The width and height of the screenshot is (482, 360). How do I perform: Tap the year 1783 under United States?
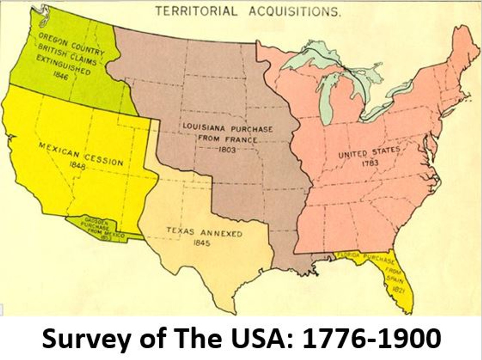pos(370,163)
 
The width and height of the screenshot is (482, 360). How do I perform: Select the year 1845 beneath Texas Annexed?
pos(201,243)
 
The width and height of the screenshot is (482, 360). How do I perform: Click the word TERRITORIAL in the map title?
pos(197,11)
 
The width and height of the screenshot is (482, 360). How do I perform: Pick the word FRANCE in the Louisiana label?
pos(243,139)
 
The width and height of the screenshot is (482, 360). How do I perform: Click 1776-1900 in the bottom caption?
pos(372,339)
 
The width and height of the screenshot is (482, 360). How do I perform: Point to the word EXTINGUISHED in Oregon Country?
pos(63,64)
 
